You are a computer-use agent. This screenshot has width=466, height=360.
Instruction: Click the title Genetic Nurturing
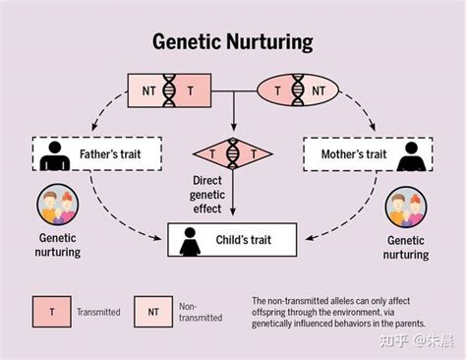232,42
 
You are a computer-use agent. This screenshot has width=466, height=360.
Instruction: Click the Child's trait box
232,239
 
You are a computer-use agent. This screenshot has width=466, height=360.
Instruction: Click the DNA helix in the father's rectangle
169,91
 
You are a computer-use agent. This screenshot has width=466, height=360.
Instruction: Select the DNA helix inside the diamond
232,153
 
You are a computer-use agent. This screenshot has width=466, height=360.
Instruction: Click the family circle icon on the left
58,206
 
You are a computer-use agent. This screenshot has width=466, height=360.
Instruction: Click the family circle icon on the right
407,206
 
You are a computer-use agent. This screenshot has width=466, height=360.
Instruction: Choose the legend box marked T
51,311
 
